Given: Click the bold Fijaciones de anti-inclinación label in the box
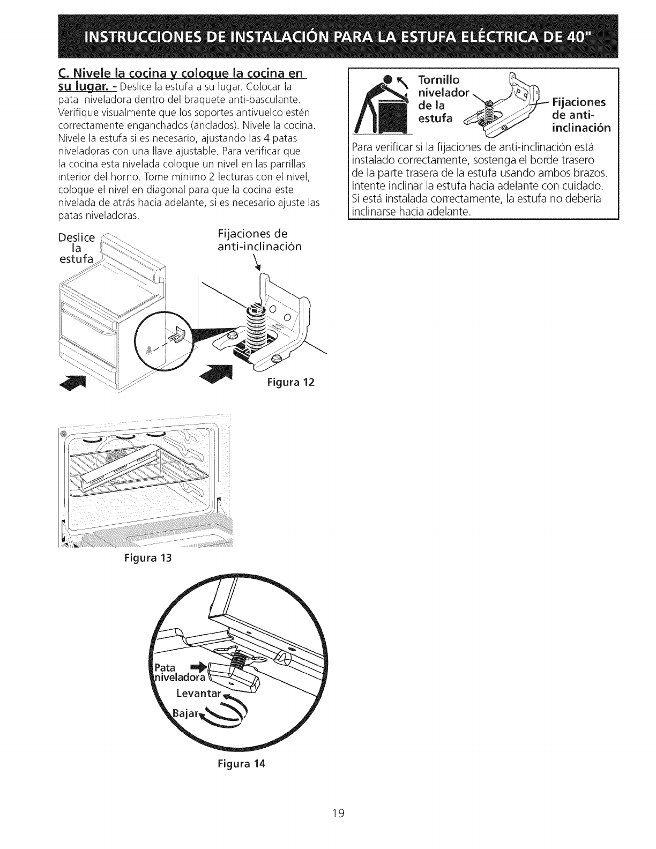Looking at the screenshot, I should [578, 115].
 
